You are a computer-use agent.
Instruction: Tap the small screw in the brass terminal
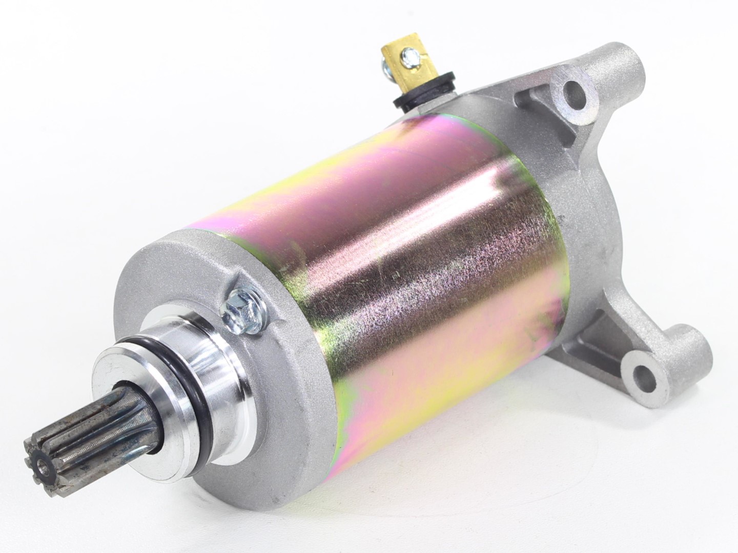click(408, 53)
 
